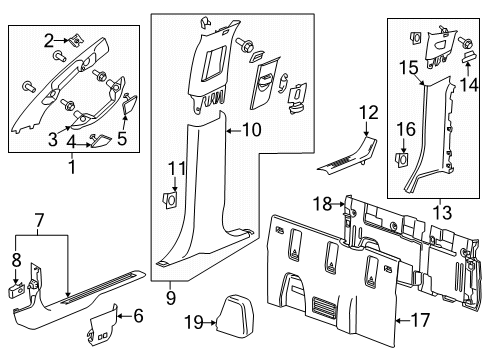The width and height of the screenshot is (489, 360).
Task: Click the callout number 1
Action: click(x=70, y=167)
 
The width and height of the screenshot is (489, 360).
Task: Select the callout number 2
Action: click(x=47, y=40)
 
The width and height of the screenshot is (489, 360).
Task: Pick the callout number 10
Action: click(x=251, y=129)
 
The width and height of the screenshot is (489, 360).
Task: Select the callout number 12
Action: click(x=369, y=112)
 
